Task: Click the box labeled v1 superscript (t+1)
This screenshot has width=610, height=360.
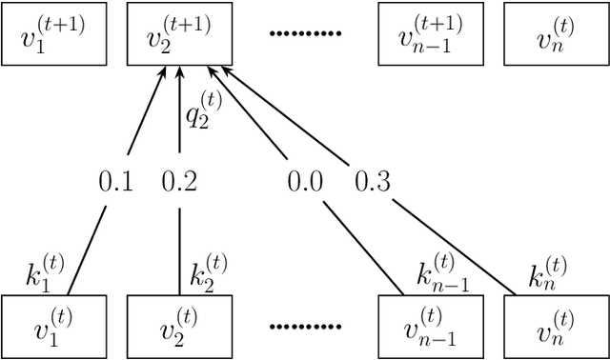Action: click(53, 34)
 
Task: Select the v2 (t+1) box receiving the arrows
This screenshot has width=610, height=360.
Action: click(179, 34)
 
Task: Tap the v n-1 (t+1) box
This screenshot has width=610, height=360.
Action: click(431, 34)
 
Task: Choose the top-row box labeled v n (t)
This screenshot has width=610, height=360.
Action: click(555, 34)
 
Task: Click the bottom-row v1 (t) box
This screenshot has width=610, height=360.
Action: click(53, 327)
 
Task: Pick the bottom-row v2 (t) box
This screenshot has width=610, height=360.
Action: click(179, 327)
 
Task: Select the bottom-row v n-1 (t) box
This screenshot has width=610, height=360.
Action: click(431, 327)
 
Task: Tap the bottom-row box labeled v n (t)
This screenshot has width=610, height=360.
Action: click(555, 327)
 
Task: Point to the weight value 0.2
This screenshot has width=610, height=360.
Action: click(179, 181)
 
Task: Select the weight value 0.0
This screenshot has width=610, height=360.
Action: click(306, 181)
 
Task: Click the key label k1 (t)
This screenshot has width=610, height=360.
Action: click(43, 275)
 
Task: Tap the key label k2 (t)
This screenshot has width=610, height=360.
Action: click(207, 275)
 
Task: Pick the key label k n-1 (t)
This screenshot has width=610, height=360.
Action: click(441, 277)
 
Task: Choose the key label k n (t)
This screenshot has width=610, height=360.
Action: click(547, 275)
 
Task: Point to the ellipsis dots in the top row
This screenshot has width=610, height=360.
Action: click(305, 34)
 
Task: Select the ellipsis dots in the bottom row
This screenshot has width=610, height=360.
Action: click(305, 327)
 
